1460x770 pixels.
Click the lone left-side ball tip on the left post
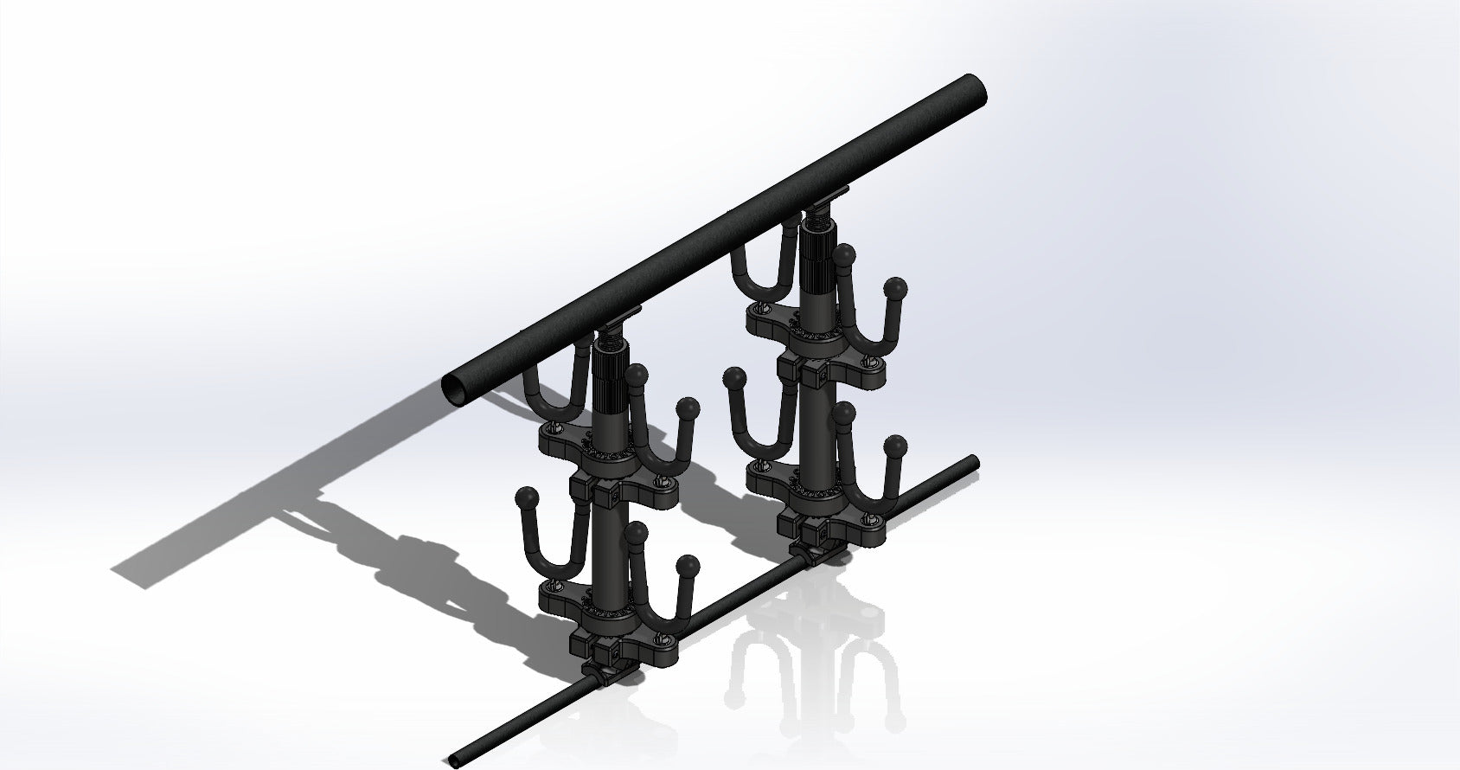point(525,497)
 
